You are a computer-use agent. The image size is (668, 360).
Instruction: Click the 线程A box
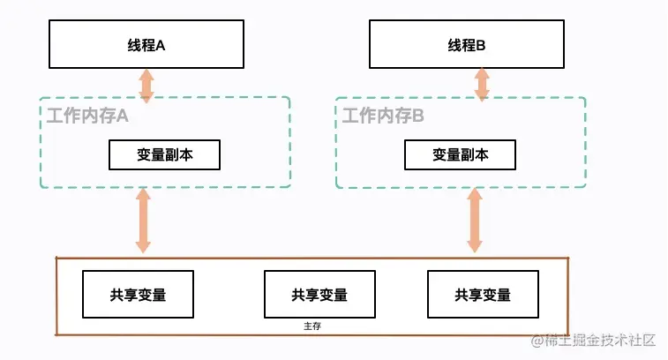[x=146, y=44]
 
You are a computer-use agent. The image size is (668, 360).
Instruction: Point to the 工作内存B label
[x=384, y=115]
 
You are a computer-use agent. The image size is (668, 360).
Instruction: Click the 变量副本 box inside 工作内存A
[x=164, y=154]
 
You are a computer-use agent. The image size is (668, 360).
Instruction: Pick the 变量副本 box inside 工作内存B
[x=460, y=154]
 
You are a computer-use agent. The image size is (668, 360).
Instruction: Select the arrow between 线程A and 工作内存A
[x=146, y=85]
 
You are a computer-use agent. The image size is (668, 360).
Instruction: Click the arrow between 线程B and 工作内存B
[x=482, y=83]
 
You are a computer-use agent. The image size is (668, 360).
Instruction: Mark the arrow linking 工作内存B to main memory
[x=475, y=221]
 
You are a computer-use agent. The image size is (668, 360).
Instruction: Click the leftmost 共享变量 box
[x=138, y=294]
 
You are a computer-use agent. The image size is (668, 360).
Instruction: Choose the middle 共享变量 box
[x=319, y=294]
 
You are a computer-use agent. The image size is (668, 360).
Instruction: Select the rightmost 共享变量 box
[x=483, y=294]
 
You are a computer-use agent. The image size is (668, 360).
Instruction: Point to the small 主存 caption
[x=311, y=326]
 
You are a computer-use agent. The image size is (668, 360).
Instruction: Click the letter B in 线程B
[x=482, y=44]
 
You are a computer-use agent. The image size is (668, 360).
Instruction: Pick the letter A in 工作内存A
[x=123, y=115]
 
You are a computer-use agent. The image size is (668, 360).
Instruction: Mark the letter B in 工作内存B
[x=419, y=115]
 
